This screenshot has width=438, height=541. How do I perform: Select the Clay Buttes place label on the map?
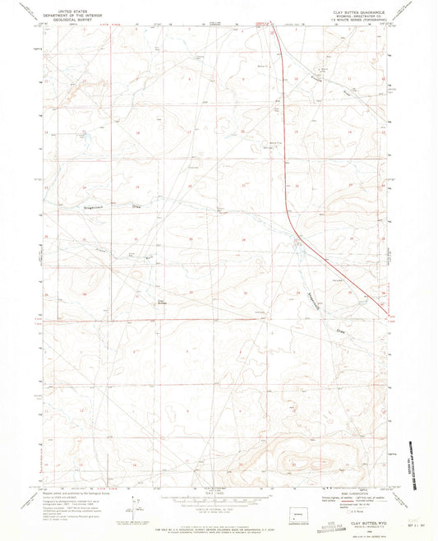162,301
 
